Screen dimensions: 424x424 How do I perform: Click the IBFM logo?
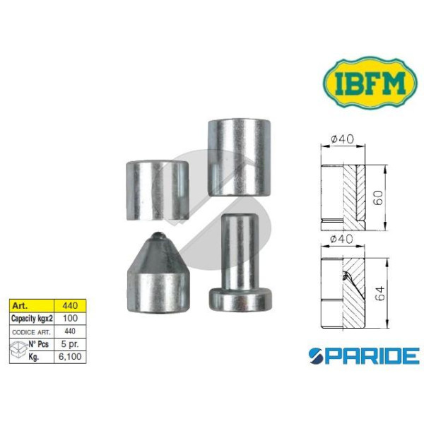(370, 83)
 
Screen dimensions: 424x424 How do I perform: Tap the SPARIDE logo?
(364, 355)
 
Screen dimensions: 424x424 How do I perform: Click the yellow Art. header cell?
(32, 306)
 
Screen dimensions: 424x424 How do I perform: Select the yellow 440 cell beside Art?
(70, 306)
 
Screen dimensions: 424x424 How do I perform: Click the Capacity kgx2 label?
(32, 319)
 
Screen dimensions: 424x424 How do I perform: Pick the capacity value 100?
(70, 318)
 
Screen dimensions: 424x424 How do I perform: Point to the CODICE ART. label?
(31, 332)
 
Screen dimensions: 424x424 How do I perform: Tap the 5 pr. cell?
(70, 344)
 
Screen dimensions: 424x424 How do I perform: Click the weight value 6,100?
(70, 357)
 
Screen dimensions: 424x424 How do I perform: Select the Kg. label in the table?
(34, 357)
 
